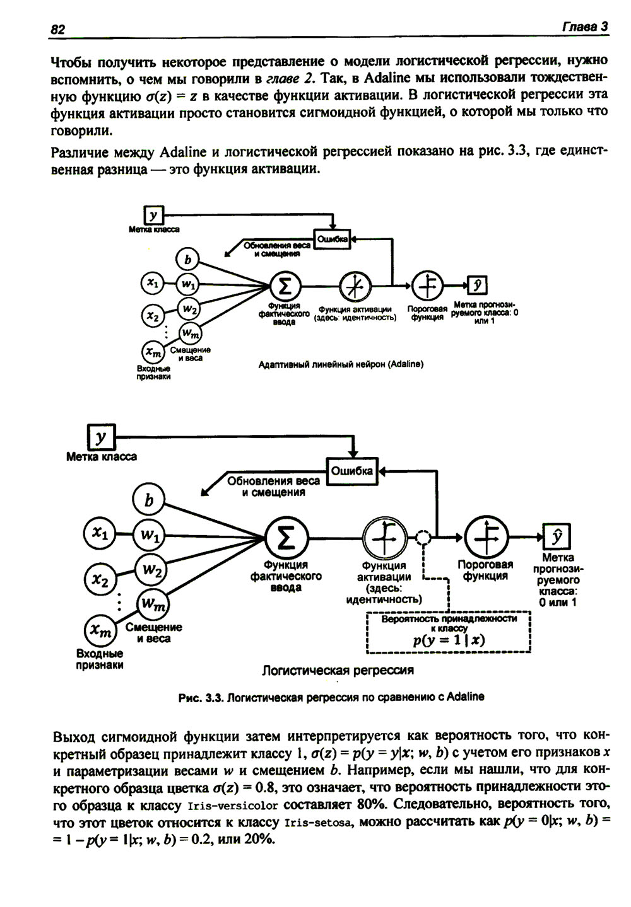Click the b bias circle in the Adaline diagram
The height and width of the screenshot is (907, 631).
[x=187, y=259]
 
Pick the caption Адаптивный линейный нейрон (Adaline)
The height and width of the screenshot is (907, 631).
[x=341, y=364]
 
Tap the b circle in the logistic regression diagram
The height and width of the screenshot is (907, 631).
[x=149, y=500]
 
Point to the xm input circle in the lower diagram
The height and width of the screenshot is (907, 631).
[x=101, y=630]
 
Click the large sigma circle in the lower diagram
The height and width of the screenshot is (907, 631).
[x=286, y=538]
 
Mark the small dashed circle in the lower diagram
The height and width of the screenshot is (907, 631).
[x=423, y=538]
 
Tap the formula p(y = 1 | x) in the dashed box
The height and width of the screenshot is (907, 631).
[x=449, y=640]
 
